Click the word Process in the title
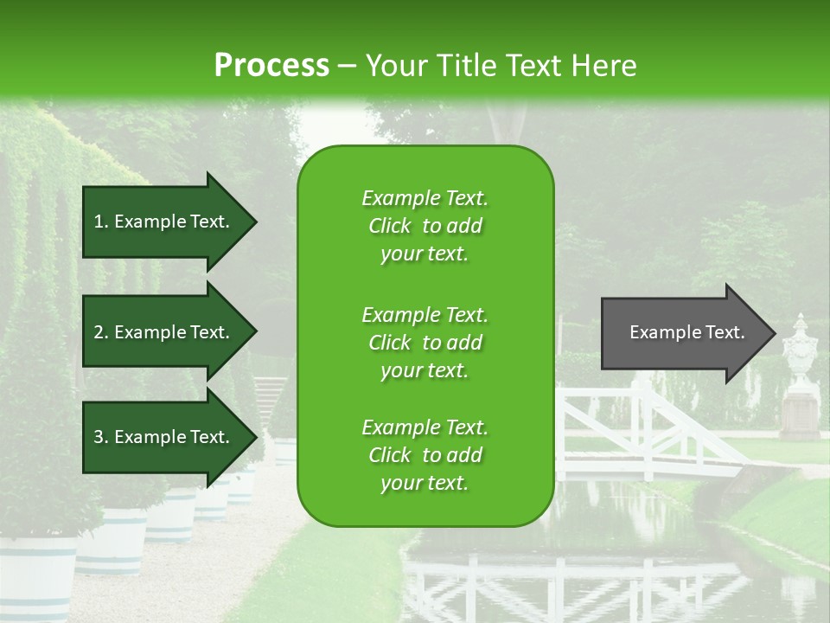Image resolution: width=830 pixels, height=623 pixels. coord(271,66)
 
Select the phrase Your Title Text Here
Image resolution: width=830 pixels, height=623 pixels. coord(501,66)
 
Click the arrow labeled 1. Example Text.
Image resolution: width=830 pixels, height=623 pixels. coord(164,222)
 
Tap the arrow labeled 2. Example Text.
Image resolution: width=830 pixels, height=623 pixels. coord(164,332)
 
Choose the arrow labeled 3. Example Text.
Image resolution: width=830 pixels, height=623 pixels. coord(164,437)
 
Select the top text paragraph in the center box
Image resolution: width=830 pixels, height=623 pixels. coord(425,226)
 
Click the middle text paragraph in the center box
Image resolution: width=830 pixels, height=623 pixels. coord(425,343)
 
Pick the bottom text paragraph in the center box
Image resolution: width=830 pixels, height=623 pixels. coord(425,455)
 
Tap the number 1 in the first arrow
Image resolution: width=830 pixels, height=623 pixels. coord(99,222)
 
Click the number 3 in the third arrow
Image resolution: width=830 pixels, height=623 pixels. coord(99,437)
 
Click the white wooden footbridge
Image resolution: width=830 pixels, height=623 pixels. coord(640,433)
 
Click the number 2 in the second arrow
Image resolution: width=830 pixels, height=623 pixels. coord(99,332)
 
